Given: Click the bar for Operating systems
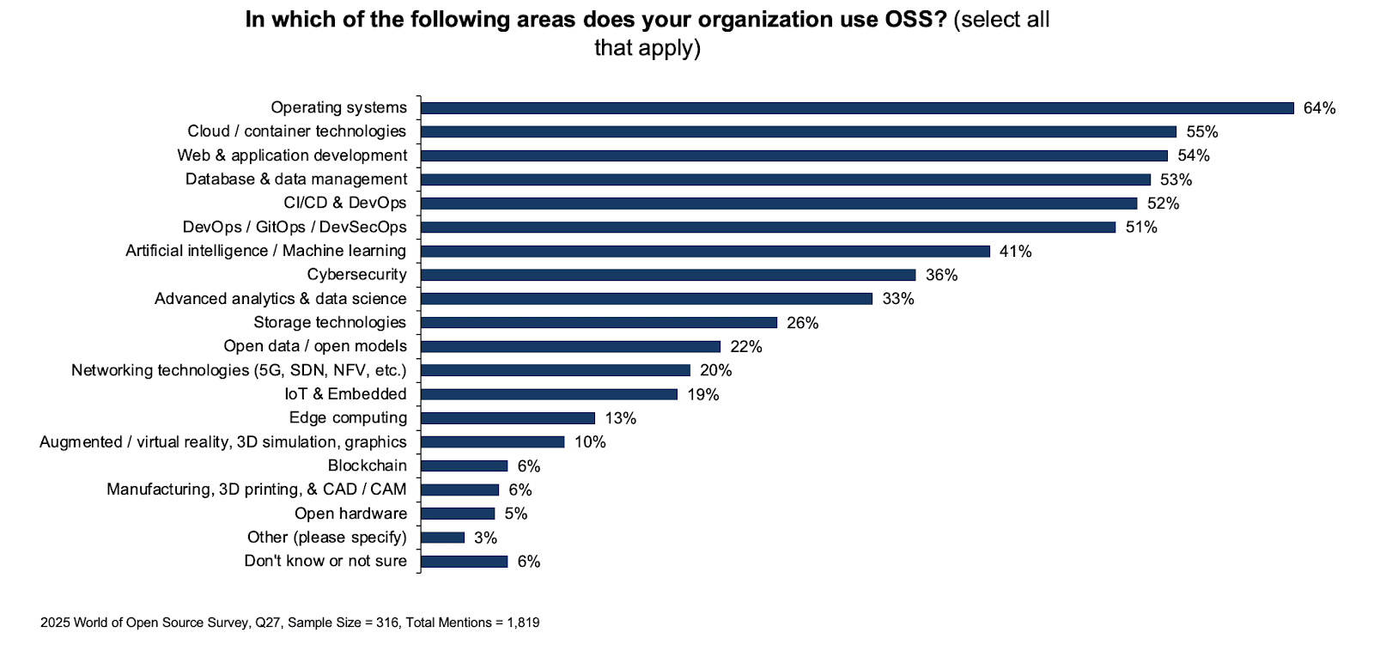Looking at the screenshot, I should tap(857, 108).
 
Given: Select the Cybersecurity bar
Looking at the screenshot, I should tap(668, 275).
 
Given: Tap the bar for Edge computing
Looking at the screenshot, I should tap(508, 418).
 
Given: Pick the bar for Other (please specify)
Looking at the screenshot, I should tap(442, 538).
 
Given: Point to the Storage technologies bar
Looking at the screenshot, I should tap(599, 323).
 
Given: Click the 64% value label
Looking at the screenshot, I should tap(1319, 108).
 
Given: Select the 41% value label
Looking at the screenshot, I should tap(1015, 252).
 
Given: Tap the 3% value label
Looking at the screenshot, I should tap(485, 538).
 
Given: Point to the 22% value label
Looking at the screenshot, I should tap(746, 347).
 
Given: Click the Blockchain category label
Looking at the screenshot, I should tap(368, 465).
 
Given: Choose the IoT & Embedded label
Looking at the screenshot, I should tap(345, 394).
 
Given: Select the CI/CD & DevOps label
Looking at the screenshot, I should tap(345, 203).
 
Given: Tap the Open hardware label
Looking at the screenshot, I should tap(350, 514).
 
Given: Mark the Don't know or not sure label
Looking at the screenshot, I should tap(325, 561).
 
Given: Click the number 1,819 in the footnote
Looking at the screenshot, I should tap(523, 623).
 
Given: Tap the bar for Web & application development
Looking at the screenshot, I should tap(794, 156).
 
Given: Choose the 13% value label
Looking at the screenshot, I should tap(620, 418).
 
